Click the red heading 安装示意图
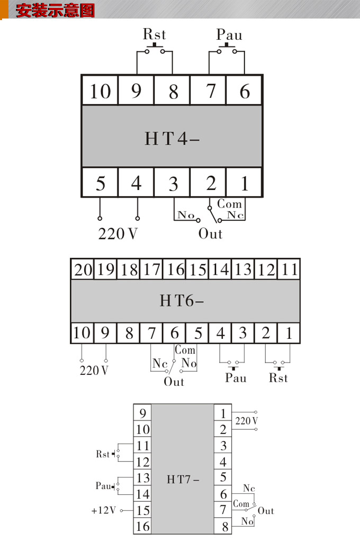point(55,11)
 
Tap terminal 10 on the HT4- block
point(100,91)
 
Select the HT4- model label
point(172,138)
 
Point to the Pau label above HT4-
point(229,35)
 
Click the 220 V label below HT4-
point(118,233)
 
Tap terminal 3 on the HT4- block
point(173,184)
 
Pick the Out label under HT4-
point(210,233)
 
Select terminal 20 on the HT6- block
point(83,269)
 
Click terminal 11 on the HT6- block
point(289,269)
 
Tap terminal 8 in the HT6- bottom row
point(129,333)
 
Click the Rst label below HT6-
point(278,378)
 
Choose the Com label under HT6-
point(185,350)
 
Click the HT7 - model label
point(183,480)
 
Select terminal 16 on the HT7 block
point(143,527)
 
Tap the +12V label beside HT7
point(103,511)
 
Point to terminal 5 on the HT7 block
point(223,477)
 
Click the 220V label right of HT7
point(247,421)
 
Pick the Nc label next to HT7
point(249,488)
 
